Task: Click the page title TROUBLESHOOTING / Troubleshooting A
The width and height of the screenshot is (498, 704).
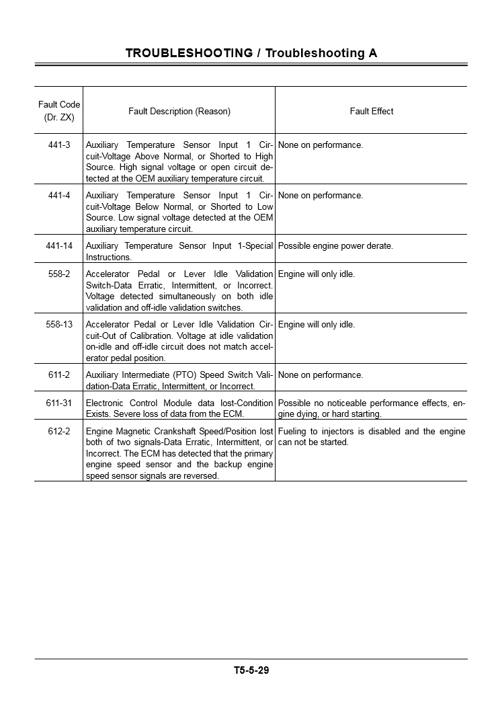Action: [x=251, y=53]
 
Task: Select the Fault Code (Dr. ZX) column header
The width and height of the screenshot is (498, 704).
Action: [x=59, y=111]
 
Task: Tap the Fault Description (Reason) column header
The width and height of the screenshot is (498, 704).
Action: [x=179, y=111]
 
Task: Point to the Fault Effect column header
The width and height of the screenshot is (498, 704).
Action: [x=372, y=111]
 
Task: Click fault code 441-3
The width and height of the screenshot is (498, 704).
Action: [x=59, y=145]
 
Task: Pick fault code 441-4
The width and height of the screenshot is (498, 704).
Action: [x=59, y=196]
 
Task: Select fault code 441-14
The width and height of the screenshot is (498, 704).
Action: [x=59, y=246]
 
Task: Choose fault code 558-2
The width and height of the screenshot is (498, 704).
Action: [x=59, y=274]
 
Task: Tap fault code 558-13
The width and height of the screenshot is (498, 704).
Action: [x=59, y=325]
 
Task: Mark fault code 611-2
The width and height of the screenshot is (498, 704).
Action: [x=59, y=375]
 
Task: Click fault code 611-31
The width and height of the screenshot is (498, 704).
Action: [x=59, y=403]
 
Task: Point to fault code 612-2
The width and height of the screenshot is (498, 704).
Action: [x=59, y=432]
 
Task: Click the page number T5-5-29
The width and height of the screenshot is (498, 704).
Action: [x=251, y=670]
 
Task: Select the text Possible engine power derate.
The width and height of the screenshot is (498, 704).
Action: [x=335, y=246]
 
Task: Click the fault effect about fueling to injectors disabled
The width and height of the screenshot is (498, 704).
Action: [x=371, y=437]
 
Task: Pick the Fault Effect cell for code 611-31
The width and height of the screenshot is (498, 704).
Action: [x=371, y=408]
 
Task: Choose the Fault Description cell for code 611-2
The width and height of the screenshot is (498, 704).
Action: [x=179, y=381]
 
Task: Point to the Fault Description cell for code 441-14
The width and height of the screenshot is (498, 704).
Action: [x=179, y=251]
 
